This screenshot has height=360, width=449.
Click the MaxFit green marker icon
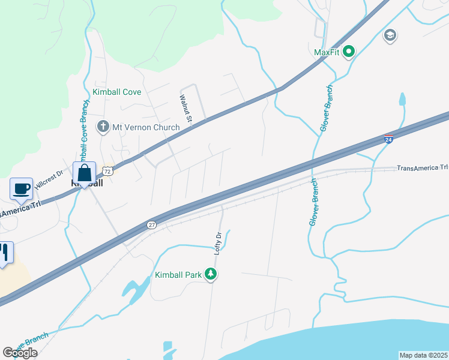[348, 52]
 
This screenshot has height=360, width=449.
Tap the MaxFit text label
[327, 52]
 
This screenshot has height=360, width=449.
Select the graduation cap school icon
[390, 35]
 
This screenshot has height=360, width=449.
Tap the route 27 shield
[152, 224]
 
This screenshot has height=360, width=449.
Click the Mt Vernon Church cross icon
[103, 127]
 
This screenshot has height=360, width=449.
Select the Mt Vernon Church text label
[145, 127]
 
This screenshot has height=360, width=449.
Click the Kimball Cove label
[116, 92]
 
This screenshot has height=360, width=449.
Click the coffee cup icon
[22, 188]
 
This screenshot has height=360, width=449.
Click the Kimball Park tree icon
[210, 275]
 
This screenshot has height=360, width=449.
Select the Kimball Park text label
[178, 275]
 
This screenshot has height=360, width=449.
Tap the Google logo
[20, 353]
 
